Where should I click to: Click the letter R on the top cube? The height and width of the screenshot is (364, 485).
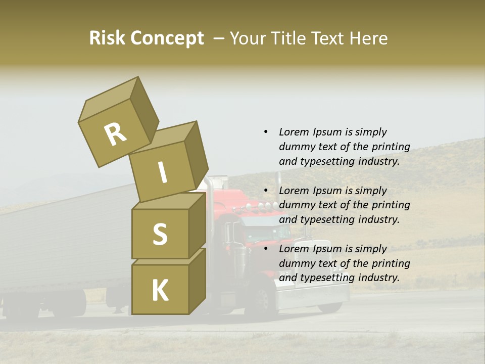[115, 134]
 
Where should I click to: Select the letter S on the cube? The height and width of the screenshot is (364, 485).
[160, 234]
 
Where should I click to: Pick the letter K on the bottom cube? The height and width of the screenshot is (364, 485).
[160, 291]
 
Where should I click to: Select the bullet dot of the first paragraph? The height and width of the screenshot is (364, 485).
[266, 132]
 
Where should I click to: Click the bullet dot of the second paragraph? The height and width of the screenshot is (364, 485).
[266, 191]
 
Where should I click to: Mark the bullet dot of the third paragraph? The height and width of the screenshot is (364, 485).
[266, 249]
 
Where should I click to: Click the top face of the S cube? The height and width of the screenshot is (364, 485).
[167, 202]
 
